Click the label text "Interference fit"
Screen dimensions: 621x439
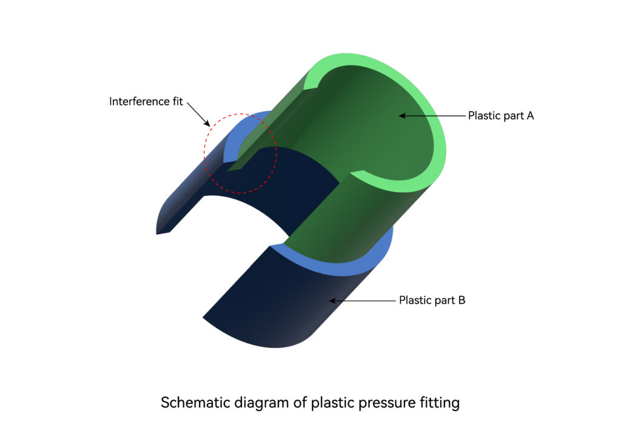pyautogui.click(x=146, y=102)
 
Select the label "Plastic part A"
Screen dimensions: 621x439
pyautogui.click(x=501, y=116)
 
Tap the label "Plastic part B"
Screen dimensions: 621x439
pyautogui.click(x=432, y=301)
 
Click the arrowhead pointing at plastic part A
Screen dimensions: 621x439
pyautogui.click(x=402, y=116)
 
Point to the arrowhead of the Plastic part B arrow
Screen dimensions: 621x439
pyautogui.click(x=333, y=301)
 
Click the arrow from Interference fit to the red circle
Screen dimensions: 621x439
pyautogui.click(x=198, y=115)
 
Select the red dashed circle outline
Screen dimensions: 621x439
pyautogui.click(x=204, y=153)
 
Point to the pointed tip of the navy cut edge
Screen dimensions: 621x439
pyautogui.click(x=157, y=234)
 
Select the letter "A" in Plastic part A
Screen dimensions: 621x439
pyautogui.click(x=529, y=116)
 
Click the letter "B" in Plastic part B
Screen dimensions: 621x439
pyautogui.click(x=462, y=301)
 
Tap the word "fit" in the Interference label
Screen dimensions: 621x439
pyautogui.click(x=178, y=101)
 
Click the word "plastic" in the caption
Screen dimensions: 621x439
pyautogui.click(x=333, y=403)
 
